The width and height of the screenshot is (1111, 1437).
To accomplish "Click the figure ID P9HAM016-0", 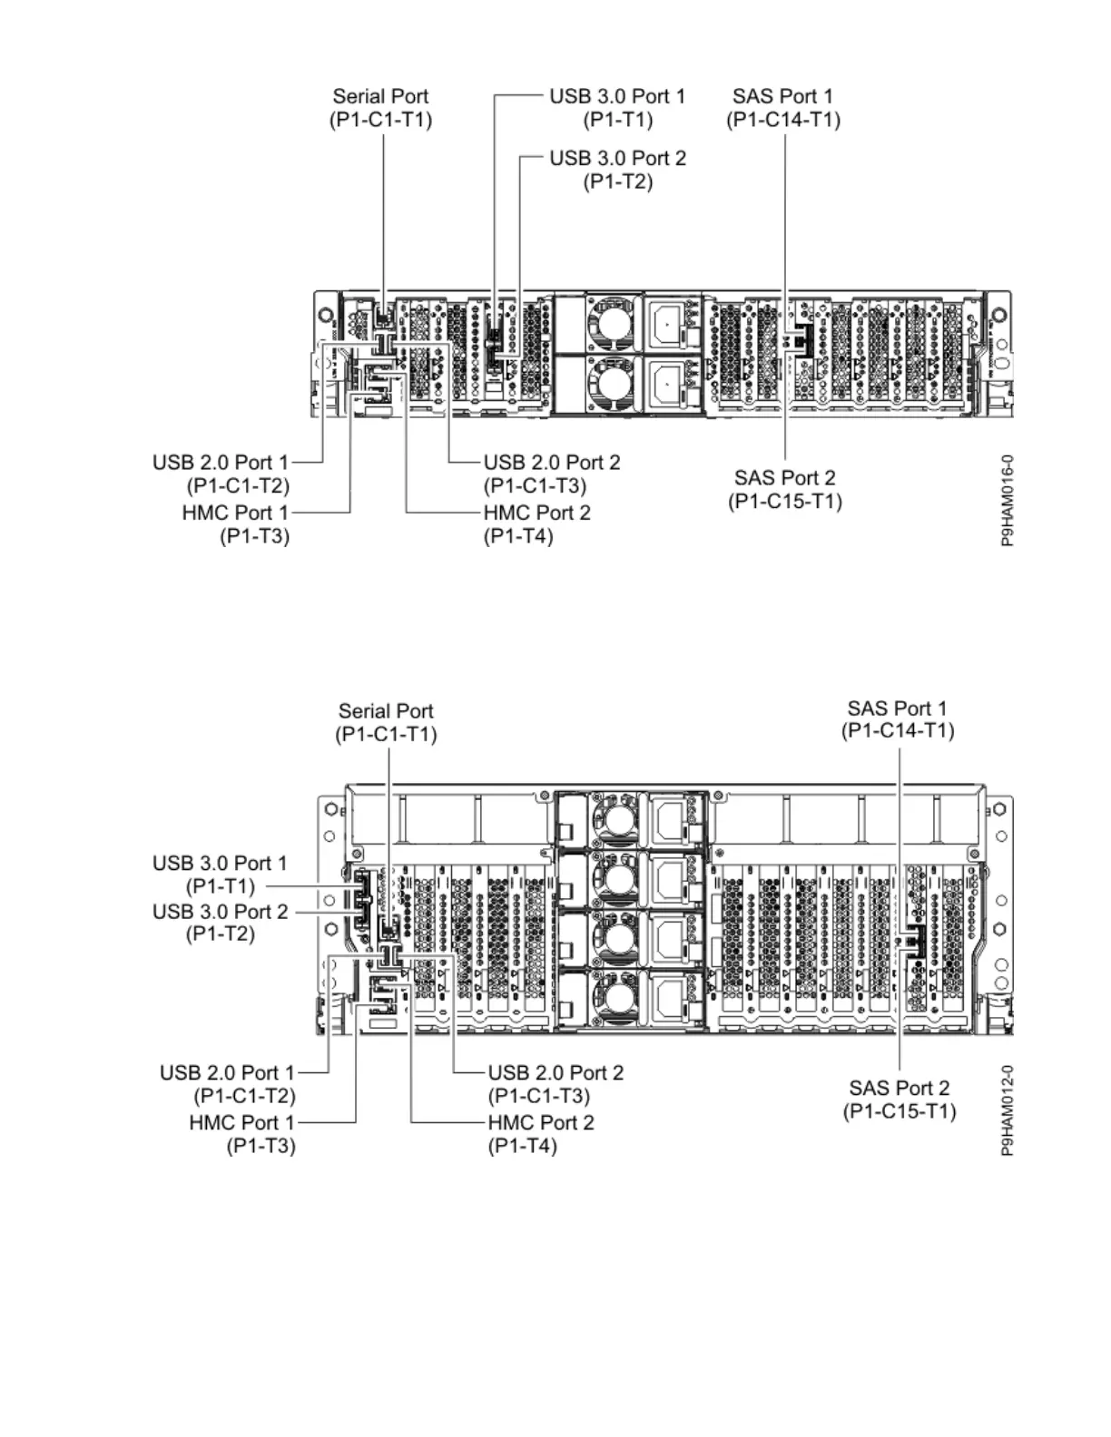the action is [x=1008, y=500].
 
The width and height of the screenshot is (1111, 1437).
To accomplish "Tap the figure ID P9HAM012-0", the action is [x=1008, y=1110].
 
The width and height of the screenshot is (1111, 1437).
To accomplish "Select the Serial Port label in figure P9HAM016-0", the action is [x=380, y=96].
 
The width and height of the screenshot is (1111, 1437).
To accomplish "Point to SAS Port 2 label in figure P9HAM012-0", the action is [x=899, y=1088].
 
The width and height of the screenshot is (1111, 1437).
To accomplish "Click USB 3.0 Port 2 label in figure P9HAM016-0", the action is [x=617, y=158].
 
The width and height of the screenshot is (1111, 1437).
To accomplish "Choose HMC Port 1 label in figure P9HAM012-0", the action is [x=241, y=1122].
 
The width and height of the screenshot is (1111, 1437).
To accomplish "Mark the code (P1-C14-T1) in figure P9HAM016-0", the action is [x=782, y=120].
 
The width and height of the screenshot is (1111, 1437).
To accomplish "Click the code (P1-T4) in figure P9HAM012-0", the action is [x=522, y=1146].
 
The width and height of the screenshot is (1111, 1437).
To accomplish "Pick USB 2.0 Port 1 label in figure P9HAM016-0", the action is [x=220, y=463].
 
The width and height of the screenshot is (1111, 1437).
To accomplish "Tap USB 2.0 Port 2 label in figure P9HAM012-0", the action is [x=555, y=1073].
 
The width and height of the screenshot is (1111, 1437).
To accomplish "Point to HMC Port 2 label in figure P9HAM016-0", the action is [x=536, y=513].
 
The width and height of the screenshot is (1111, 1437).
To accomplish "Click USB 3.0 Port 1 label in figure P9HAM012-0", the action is [x=220, y=863].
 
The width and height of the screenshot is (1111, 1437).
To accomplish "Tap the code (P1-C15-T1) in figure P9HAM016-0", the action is [x=784, y=502].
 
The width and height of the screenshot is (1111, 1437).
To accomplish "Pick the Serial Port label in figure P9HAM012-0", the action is [x=386, y=711].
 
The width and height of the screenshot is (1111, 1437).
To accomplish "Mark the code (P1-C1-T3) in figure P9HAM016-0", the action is [x=535, y=486].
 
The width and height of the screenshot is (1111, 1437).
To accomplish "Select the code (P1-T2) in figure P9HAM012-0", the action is [x=220, y=934].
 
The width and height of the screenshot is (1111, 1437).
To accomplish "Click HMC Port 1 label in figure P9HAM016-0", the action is [x=234, y=513].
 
